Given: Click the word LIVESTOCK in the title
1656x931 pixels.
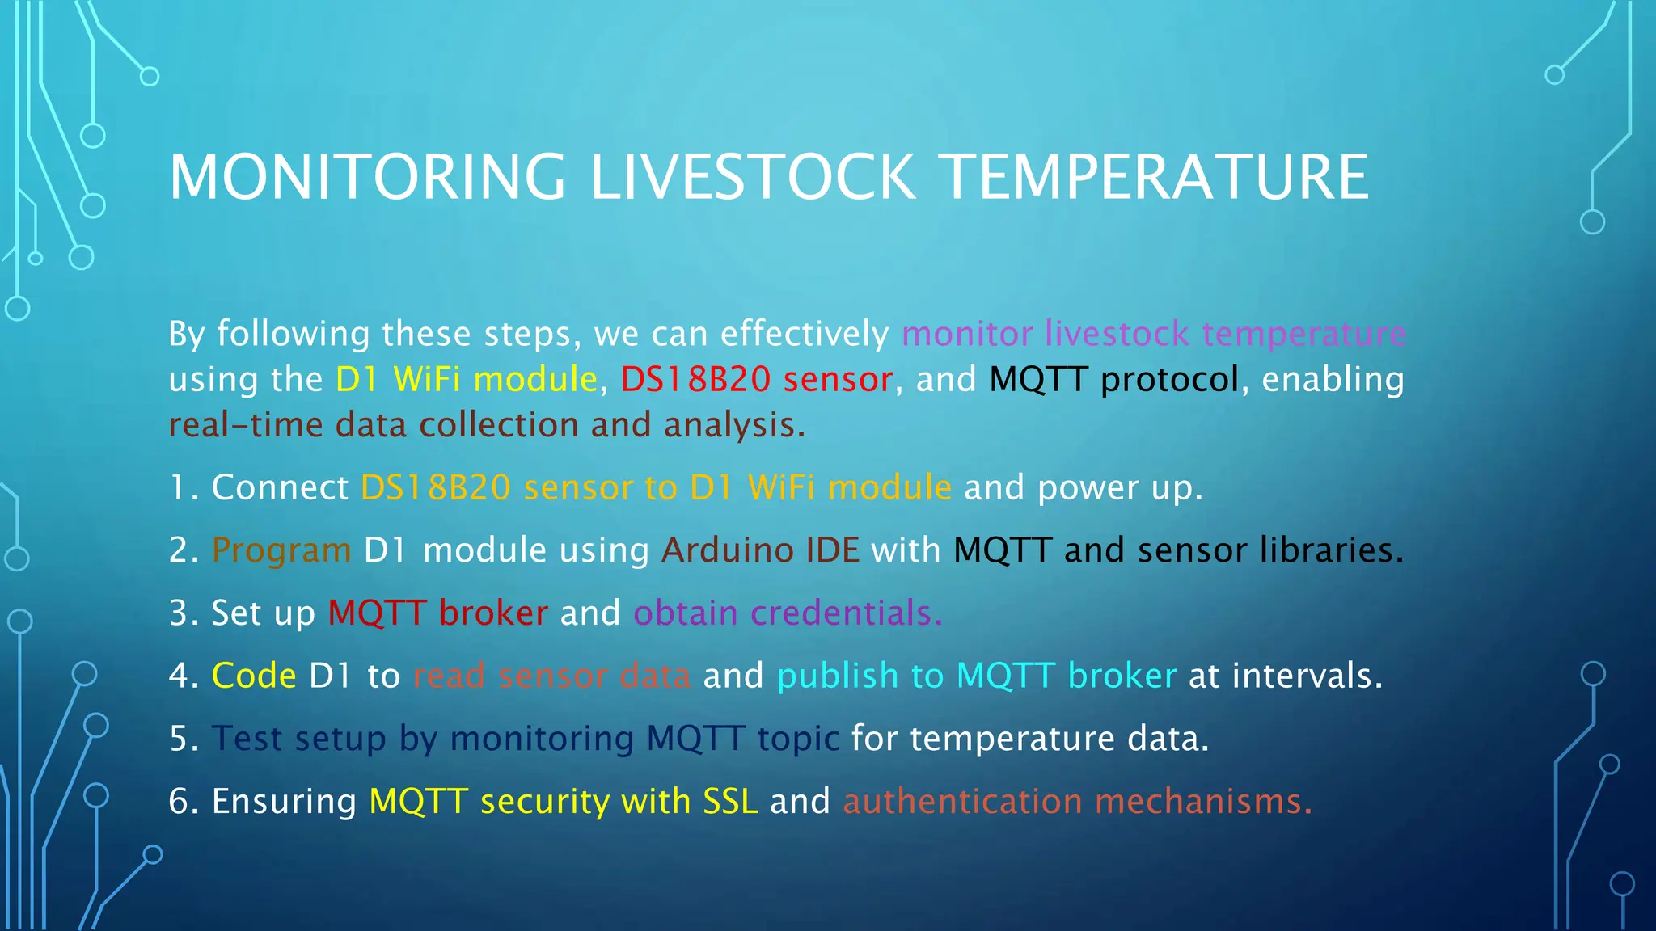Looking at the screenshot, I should pyautogui.click(x=752, y=177).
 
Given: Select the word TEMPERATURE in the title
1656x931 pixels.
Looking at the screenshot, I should pyautogui.click(x=1155, y=177).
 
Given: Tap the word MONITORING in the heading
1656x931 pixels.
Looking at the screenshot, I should pyautogui.click(x=367, y=177).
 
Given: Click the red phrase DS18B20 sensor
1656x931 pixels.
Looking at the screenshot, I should pyautogui.click(x=756, y=379).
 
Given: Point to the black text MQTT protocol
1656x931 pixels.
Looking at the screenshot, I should pyautogui.click(x=1113, y=379).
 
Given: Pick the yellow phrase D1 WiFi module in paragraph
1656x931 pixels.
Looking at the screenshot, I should pyautogui.click(x=466, y=379).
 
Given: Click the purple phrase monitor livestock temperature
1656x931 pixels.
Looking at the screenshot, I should pyautogui.click(x=1153, y=334).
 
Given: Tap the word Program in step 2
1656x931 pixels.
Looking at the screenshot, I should pyautogui.click(x=281, y=550).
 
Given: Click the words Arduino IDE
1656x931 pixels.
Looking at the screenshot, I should pyautogui.click(x=760, y=550).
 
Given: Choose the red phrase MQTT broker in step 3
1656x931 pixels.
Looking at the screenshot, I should pyautogui.click(x=437, y=613).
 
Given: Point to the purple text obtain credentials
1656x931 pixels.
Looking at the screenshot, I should pyautogui.click(x=788, y=613).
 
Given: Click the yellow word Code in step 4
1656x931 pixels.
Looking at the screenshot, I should pyautogui.click(x=254, y=676).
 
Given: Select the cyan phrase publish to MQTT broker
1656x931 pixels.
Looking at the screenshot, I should pyautogui.click(x=976, y=676).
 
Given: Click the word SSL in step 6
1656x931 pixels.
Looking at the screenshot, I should pyautogui.click(x=730, y=802).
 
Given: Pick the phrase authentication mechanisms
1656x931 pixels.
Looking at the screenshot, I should pyautogui.click(x=1076, y=802).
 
